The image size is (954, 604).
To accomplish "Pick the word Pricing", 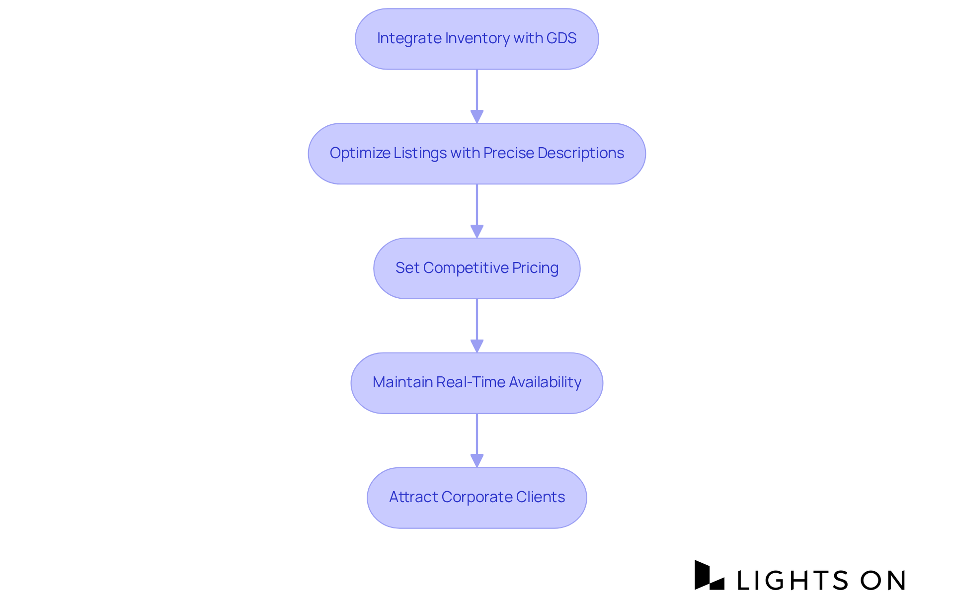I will pos(535,268).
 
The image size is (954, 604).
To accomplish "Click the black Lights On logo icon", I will pos(709,576).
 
